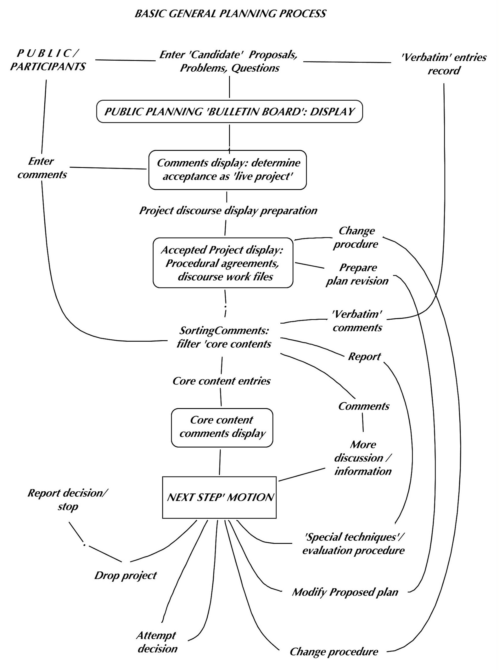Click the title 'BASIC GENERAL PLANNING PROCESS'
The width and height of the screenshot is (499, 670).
(230, 14)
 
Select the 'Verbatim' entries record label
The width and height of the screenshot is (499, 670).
(443, 64)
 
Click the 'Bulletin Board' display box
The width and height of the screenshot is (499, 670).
(229, 112)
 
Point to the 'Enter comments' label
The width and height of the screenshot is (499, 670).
(42, 168)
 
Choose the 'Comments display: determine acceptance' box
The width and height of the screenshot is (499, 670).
(228, 170)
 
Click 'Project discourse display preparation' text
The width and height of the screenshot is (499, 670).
(228, 211)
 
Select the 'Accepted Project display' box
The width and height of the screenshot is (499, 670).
(223, 263)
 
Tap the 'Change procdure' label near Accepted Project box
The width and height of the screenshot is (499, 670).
(356, 238)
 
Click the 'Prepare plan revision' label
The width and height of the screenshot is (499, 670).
(357, 274)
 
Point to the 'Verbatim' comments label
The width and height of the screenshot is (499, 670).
(357, 321)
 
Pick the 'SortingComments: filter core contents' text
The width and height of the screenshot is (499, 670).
(224, 337)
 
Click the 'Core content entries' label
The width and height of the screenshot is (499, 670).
(222, 381)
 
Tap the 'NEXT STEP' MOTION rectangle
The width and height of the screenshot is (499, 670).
(219, 497)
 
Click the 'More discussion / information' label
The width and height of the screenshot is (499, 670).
(363, 458)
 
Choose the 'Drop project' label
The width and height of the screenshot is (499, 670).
(126, 575)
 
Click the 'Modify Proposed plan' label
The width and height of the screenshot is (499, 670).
(345, 592)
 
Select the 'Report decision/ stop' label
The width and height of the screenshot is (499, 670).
(68, 500)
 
